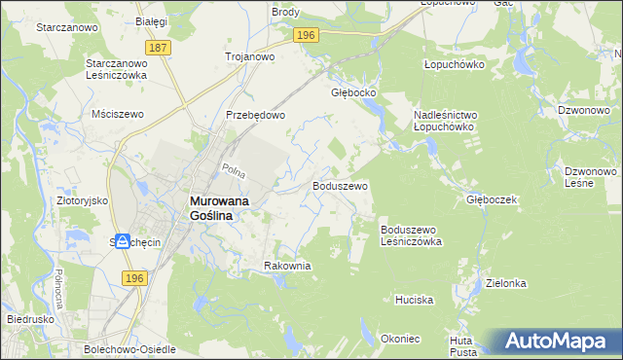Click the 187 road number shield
pos(159,47)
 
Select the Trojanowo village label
pos(250,56)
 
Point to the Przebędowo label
pos(255,115)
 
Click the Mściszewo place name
pos(117,114)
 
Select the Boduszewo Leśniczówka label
pos(412,234)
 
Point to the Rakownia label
pos(287,265)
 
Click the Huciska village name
pos(414,300)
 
